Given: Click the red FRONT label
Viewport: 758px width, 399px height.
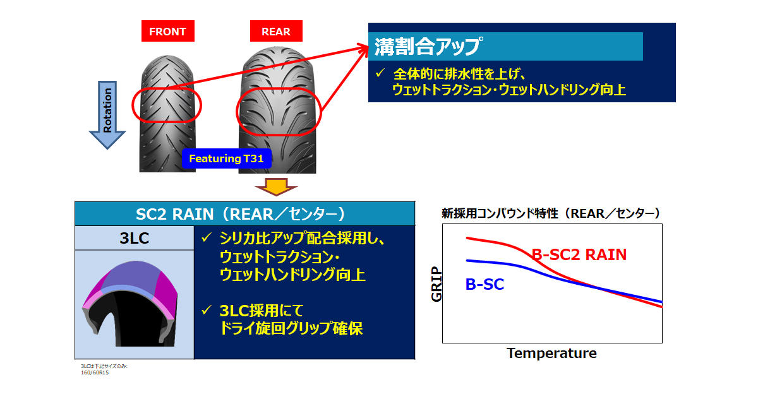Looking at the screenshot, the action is point(168,31).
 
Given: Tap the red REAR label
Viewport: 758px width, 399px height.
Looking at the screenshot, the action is point(276,31).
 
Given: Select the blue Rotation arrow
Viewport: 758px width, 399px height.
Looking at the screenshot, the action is point(107,115).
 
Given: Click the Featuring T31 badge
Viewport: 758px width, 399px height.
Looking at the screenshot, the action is point(226,158).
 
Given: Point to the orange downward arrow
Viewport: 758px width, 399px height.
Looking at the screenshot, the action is point(276,187).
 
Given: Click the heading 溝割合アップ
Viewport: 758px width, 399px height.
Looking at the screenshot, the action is point(428,46).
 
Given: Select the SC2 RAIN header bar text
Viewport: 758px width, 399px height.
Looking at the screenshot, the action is point(241,214).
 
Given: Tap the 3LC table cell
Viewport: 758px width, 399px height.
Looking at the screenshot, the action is point(135,238).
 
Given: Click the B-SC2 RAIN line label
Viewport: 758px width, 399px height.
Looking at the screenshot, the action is point(579,254).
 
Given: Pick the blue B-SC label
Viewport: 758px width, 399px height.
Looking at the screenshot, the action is point(484,284).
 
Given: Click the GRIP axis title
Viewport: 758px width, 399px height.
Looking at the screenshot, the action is point(436,284).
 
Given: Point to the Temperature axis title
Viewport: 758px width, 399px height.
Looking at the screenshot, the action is point(551,354).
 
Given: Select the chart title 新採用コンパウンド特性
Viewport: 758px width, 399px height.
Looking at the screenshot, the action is point(500,213).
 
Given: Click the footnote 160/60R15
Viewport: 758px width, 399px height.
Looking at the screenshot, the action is point(95,372).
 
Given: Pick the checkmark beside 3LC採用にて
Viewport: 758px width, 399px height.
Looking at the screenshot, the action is point(207,310).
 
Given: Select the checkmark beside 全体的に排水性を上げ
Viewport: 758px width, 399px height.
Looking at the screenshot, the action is point(380,73).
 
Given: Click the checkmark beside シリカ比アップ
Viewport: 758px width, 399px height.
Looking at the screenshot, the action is point(207,237).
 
